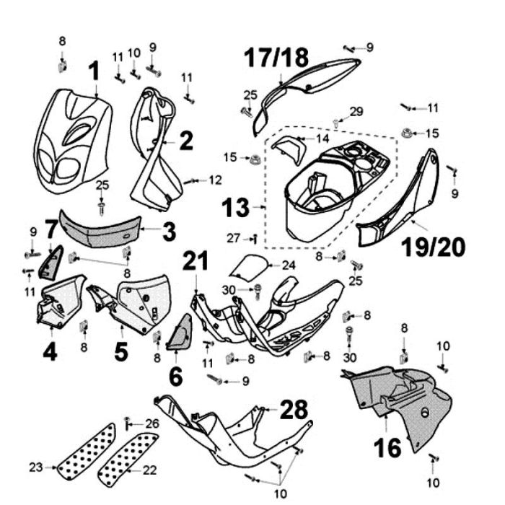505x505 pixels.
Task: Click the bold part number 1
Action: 94,71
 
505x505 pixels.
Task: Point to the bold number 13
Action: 235,208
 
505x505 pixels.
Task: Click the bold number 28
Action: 294,410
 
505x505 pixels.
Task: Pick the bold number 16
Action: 387,449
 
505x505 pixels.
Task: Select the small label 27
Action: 232,237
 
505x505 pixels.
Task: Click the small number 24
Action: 289,265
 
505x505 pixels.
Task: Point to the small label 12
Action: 216,180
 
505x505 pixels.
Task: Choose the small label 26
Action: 152,423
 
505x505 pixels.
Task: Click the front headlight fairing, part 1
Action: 72,137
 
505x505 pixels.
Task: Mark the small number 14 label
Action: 322,138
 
